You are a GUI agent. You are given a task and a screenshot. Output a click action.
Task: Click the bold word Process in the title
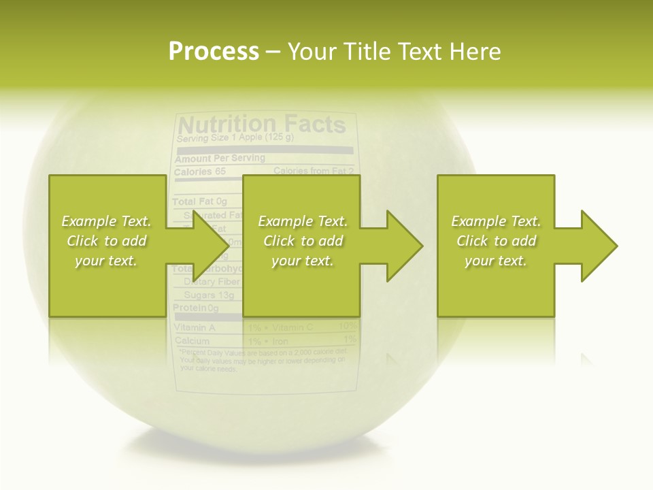(214, 52)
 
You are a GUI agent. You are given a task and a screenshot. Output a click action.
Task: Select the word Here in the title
(474, 52)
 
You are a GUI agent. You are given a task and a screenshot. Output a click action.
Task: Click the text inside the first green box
(106, 241)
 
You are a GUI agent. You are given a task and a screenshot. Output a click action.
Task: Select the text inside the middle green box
(303, 241)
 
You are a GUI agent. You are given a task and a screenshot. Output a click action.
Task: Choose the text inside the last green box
(496, 241)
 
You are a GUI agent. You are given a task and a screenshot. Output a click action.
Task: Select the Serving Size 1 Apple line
(235, 139)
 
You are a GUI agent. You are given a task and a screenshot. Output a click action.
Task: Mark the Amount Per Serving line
(219, 159)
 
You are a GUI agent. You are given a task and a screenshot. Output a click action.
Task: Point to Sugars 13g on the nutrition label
(209, 295)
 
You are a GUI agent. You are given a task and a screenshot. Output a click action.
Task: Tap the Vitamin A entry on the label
(195, 327)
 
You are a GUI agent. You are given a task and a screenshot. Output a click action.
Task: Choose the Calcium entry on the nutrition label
(192, 340)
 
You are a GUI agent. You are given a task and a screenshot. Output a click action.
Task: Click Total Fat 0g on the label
(199, 202)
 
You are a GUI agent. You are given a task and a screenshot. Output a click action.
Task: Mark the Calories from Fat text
(314, 171)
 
